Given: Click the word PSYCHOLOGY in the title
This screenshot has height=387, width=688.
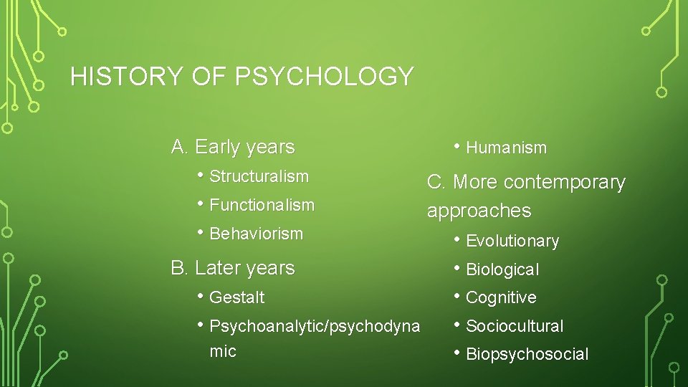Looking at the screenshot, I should point(324,76).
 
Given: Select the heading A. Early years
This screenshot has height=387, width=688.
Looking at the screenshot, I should point(233,147).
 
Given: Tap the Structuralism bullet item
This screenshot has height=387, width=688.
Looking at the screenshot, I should point(259,176).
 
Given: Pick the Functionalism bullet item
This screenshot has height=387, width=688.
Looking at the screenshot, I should point(262,205).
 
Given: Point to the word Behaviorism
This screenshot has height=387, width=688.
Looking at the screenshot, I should point(256,234).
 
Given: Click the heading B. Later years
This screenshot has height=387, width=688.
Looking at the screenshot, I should point(233,268).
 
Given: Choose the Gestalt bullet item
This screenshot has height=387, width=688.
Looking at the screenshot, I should point(236,297).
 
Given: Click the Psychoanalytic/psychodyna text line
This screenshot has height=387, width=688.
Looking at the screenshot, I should point(315,326).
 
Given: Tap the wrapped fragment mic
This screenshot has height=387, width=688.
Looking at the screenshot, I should point(222,351).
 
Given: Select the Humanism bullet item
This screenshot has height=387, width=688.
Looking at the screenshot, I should point(506,148).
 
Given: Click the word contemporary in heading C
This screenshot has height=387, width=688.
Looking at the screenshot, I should point(565,183).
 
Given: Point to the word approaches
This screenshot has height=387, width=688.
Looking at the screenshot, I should point(479,211).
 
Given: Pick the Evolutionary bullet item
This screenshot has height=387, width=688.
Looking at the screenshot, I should point(512,242).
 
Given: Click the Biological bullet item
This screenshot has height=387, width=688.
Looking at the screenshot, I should point(502,270).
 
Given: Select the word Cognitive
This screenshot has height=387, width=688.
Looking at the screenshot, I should point(501,297).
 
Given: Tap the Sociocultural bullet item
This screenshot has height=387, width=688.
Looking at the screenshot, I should point(515,326).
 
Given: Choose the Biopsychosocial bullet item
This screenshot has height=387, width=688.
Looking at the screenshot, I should point(527,354).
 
